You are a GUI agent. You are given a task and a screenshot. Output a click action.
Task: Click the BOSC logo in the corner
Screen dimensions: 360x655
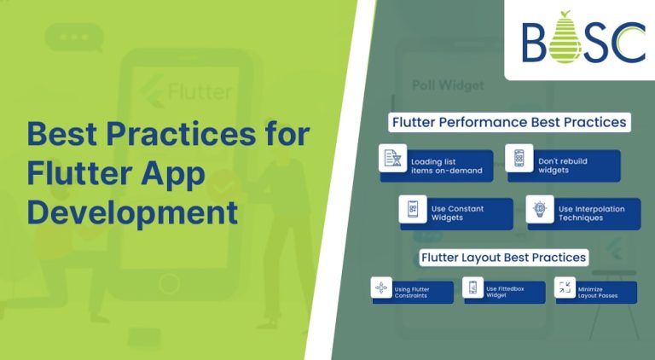point(583,39)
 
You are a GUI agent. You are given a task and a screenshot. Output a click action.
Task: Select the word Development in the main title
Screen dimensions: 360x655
point(132,211)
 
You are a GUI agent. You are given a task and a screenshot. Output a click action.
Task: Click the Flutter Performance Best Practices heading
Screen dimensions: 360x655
point(509,122)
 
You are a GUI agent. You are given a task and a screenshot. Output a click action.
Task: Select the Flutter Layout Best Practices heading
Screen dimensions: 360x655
point(502,257)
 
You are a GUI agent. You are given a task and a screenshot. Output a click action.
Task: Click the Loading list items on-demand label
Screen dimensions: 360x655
point(439,166)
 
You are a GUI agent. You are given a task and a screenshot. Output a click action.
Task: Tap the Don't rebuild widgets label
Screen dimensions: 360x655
point(563,165)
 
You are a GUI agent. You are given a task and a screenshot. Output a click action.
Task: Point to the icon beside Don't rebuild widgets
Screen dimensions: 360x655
point(519,158)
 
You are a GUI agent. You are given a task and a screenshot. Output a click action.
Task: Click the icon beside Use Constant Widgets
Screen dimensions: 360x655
point(413,209)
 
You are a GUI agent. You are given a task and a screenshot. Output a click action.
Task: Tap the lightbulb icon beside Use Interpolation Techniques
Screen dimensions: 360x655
point(540,209)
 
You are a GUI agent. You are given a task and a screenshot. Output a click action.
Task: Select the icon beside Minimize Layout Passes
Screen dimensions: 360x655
point(565,287)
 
